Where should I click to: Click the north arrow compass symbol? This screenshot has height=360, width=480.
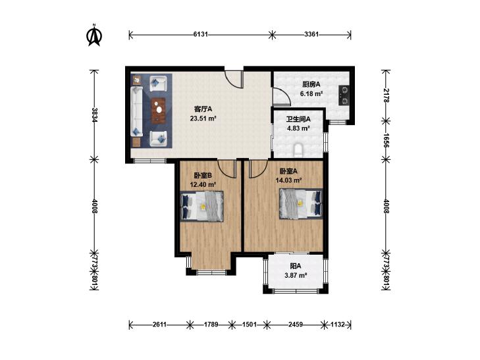(95, 36)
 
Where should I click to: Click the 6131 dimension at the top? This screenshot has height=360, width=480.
(201, 34)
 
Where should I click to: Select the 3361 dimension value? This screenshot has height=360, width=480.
(311, 34)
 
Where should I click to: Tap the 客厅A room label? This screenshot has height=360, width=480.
(203, 109)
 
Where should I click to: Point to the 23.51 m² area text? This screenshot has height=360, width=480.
(203, 118)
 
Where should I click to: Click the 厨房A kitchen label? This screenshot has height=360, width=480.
(311, 84)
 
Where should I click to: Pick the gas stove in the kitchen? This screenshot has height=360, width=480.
(344, 95)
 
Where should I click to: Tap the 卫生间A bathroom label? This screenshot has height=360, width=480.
(298, 119)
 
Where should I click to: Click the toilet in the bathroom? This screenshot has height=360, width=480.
(298, 150)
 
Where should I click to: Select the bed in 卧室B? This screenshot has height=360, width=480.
(201, 205)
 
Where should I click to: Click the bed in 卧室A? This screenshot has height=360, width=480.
(301, 204)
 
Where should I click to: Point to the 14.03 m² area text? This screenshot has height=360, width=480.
(288, 180)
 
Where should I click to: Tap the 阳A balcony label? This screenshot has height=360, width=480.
(296, 266)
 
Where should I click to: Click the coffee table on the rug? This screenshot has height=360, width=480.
(159, 111)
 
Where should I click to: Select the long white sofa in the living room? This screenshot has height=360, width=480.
(136, 111)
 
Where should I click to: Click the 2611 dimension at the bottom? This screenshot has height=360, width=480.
(159, 324)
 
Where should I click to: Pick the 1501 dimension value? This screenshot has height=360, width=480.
(249, 324)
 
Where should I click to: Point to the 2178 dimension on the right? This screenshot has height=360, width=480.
(387, 95)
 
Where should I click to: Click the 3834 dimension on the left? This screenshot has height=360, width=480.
(95, 115)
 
